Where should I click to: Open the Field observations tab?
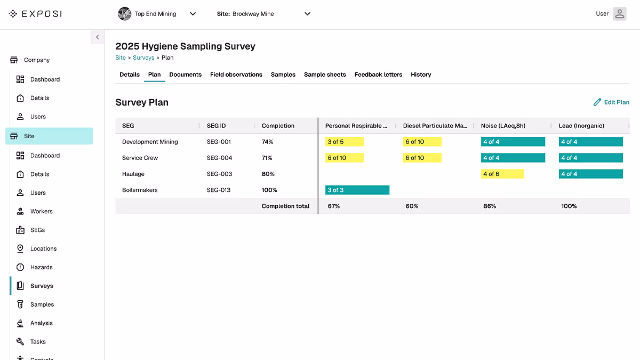236,75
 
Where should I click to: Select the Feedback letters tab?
378,75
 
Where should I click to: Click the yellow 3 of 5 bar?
344,142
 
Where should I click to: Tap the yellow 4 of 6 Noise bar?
502,174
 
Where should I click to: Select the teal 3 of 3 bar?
357,190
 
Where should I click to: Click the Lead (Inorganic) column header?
581,126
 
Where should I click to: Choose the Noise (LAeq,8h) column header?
503,126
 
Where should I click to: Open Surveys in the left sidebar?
42,286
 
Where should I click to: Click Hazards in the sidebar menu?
41,267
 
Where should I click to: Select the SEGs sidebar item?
37,230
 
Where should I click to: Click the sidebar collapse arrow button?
97,37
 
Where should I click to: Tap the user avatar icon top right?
619,14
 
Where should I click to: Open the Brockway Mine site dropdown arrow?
307,14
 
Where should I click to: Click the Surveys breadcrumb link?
143,58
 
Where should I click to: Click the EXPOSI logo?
36,14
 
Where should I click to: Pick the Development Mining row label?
150,142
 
